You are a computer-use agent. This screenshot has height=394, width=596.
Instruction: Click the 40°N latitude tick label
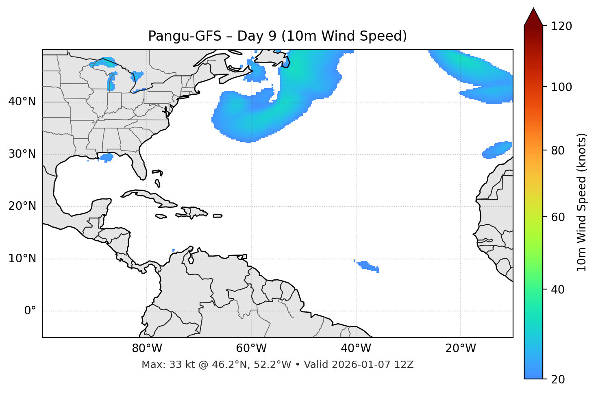(x=22, y=102)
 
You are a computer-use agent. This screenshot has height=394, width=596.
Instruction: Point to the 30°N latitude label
(x=22, y=154)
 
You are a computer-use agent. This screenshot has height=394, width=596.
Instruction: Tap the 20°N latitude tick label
(x=22, y=206)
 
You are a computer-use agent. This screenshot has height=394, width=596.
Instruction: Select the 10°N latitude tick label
(x=22, y=259)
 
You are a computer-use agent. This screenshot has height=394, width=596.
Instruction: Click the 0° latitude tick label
(x=30, y=311)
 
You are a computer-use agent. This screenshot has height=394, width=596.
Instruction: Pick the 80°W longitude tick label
(x=147, y=348)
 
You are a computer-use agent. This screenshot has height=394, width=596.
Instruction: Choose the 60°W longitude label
(x=251, y=348)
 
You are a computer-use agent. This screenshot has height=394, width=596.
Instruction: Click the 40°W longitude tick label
(x=356, y=348)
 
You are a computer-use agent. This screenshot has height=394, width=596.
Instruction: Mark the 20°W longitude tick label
(x=461, y=348)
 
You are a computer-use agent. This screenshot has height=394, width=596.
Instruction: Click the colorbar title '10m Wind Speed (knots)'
(x=582, y=202)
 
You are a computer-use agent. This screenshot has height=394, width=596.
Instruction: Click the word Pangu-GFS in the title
(x=185, y=36)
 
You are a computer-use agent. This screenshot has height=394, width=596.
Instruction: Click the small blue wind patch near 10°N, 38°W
(x=368, y=266)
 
